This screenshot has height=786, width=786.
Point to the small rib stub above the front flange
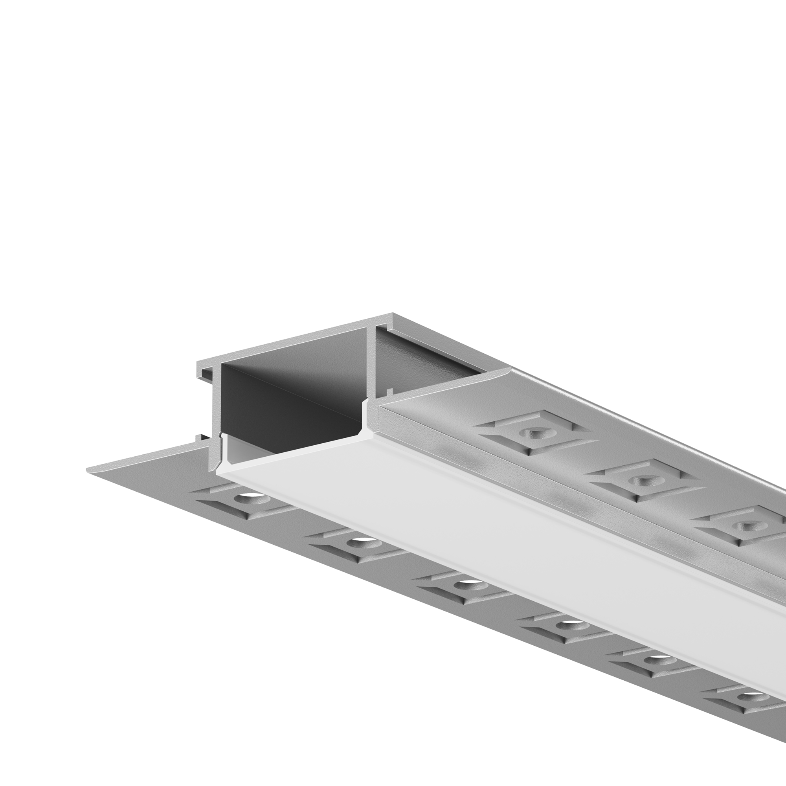(199, 438)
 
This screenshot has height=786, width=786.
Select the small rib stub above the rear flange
(389, 393)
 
